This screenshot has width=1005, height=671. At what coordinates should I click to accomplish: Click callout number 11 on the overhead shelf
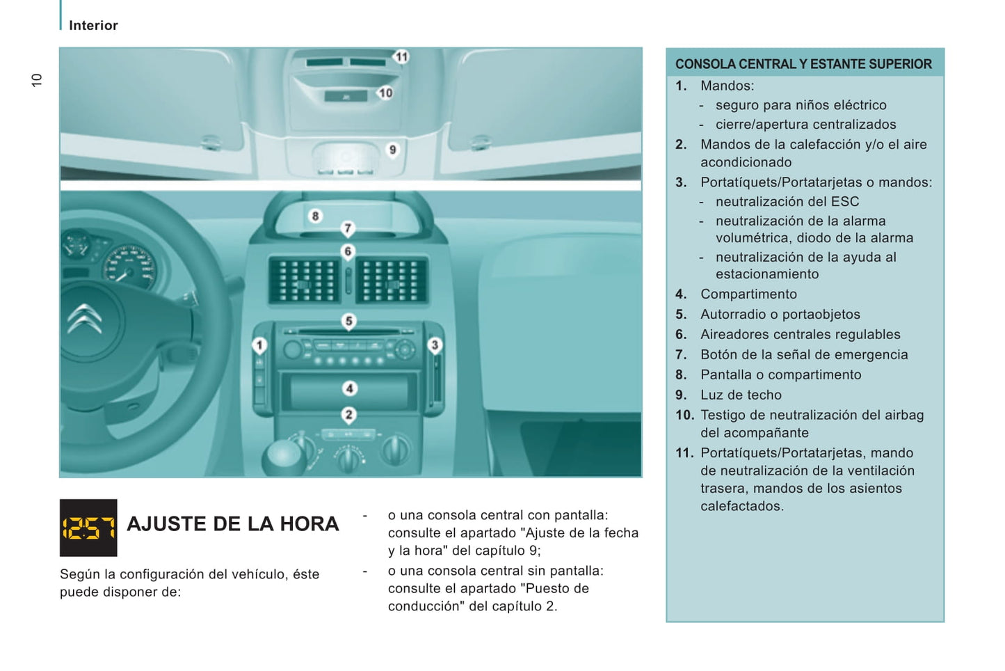click(x=401, y=57)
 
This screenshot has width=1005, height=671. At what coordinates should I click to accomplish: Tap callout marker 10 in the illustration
click(x=385, y=93)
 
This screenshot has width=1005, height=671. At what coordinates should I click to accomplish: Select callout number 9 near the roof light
click(x=392, y=150)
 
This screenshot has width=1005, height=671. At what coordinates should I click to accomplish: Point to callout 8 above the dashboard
click(x=315, y=216)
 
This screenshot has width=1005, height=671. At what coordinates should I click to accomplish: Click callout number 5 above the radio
click(x=349, y=321)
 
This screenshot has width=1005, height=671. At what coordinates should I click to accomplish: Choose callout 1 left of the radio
click(x=259, y=345)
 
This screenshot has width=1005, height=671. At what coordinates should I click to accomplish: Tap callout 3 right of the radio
click(x=435, y=345)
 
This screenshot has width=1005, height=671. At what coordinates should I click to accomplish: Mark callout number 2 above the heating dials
click(x=349, y=415)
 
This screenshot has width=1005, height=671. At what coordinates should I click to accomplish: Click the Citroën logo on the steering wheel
click(x=85, y=322)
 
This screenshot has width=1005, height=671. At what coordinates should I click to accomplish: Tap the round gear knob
click(x=284, y=454)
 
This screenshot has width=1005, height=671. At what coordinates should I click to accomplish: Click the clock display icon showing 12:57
click(x=88, y=528)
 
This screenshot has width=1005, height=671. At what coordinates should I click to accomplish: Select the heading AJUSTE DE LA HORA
click(x=233, y=524)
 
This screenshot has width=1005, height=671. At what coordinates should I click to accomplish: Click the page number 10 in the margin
click(x=37, y=80)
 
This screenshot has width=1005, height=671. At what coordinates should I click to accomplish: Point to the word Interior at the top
click(x=93, y=26)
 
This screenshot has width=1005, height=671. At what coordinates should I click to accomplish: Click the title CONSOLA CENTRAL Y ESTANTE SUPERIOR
click(x=803, y=64)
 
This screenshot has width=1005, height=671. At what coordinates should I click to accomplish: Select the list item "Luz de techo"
click(x=741, y=395)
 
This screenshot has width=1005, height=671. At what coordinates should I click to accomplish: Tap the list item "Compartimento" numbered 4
click(x=748, y=294)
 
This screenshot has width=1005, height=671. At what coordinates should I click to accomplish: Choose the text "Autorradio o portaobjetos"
click(x=780, y=314)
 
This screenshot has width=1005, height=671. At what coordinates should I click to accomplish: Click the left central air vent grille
click(x=305, y=280)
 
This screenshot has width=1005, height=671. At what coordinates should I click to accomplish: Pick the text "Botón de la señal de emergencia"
click(x=804, y=354)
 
